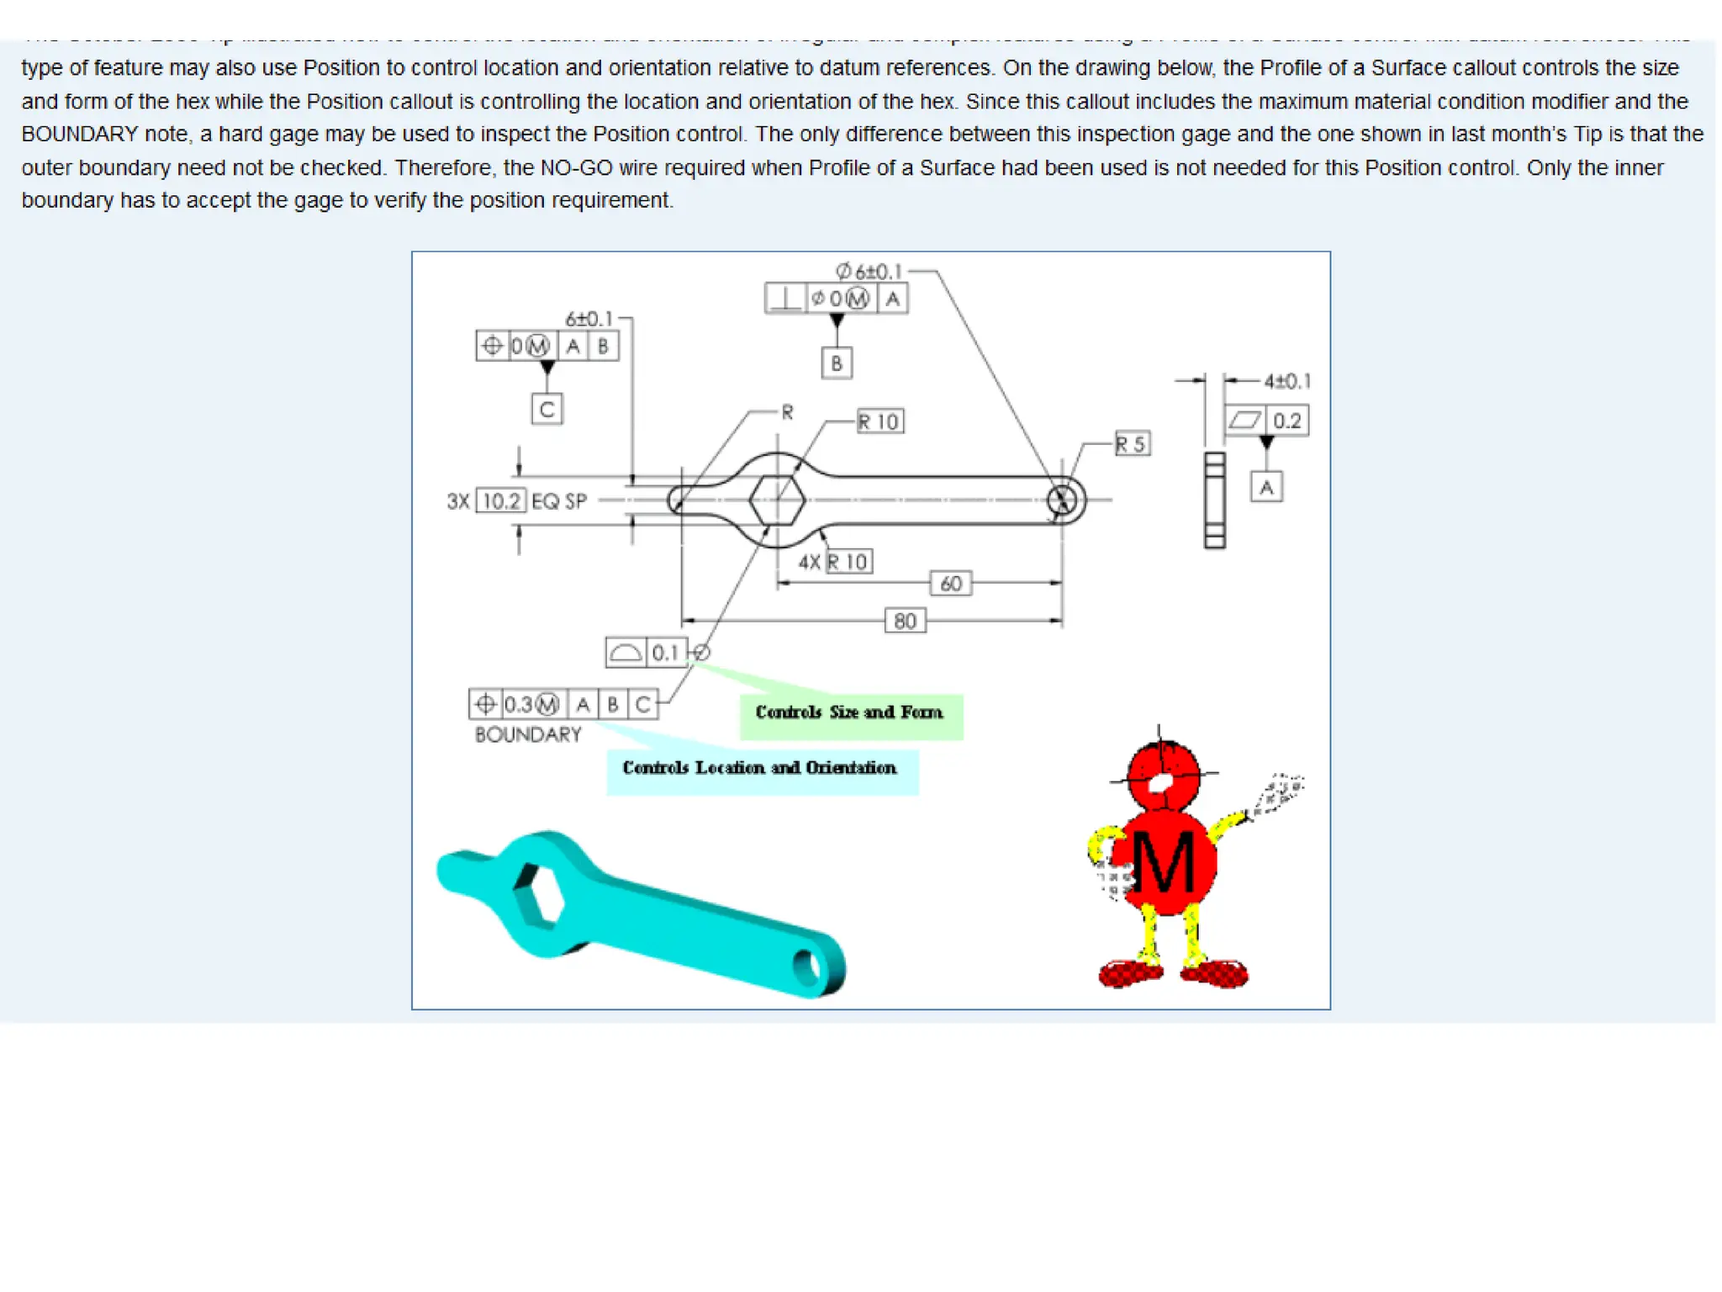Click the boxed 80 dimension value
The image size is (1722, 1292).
(x=905, y=621)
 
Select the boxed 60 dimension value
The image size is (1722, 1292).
(x=951, y=583)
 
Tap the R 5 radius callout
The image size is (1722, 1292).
(x=1132, y=443)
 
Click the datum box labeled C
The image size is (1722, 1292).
(x=547, y=410)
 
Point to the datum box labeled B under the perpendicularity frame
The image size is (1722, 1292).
(x=837, y=363)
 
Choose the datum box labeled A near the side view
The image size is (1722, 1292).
(x=1266, y=487)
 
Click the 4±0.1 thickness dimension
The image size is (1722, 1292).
(x=1286, y=381)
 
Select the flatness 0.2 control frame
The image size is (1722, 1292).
(x=1266, y=421)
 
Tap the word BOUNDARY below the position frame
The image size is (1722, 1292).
(x=528, y=734)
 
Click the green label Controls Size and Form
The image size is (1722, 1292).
(x=849, y=712)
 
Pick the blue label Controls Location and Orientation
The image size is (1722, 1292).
(x=759, y=768)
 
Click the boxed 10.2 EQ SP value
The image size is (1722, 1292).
(x=502, y=501)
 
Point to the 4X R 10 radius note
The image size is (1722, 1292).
(x=836, y=561)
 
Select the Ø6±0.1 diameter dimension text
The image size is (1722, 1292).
(x=869, y=271)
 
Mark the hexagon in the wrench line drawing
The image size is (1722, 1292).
(x=777, y=500)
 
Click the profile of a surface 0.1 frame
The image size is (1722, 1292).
(x=647, y=653)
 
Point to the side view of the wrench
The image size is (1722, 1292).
(x=1214, y=500)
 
